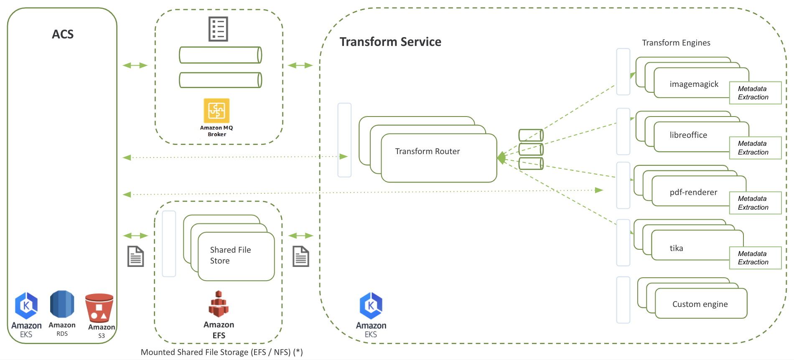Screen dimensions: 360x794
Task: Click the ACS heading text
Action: [63, 34]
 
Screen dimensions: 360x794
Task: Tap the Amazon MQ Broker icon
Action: [216, 111]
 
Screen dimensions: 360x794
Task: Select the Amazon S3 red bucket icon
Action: [99, 308]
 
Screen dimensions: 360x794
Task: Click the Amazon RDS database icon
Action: [62, 304]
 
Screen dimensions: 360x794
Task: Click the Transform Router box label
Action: [427, 152]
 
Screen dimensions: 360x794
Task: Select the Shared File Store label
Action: [230, 255]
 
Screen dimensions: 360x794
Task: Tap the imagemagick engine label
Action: [694, 84]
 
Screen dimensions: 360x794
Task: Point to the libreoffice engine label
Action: [688, 135]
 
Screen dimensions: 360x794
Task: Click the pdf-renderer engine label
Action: [693, 192]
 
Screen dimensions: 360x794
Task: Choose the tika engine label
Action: [676, 248]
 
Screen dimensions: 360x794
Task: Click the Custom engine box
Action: [700, 304]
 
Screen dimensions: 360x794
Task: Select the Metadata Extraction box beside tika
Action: [755, 258]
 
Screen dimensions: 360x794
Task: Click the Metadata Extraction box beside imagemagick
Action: [755, 93]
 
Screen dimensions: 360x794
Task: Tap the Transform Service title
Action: [390, 42]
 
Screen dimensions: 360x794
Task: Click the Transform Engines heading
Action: [676, 43]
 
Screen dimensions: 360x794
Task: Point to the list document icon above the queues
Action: [218, 29]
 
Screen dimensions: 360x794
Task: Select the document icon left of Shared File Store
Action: [135, 256]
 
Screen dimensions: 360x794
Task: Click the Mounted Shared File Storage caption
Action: [221, 352]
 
